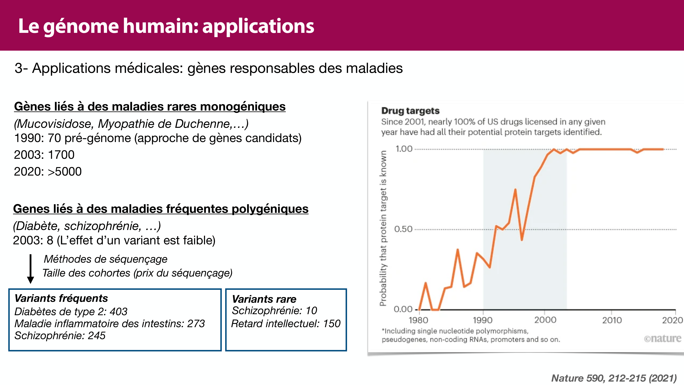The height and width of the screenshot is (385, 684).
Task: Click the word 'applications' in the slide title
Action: [258, 27]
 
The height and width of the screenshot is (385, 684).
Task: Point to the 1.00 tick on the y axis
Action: [404, 149]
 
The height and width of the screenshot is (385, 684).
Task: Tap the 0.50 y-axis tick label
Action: [403, 229]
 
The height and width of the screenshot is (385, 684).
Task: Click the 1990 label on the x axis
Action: [482, 320]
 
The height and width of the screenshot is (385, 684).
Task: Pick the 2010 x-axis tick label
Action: [612, 320]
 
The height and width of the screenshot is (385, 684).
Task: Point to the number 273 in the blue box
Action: [196, 324]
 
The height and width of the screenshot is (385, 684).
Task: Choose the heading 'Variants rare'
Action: [264, 299]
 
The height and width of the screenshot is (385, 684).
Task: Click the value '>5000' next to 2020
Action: [64, 172]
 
